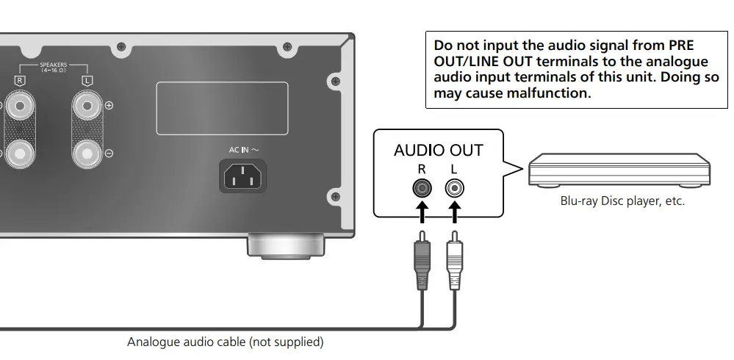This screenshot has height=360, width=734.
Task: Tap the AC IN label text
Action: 244,149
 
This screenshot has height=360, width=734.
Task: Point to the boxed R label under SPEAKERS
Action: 21,79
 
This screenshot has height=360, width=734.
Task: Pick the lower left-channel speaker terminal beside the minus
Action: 87,154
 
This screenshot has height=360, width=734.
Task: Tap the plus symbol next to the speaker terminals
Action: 109,106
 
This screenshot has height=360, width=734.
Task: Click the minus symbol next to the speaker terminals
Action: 109,154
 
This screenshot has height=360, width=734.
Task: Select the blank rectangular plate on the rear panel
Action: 221,107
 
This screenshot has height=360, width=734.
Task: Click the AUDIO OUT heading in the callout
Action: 438,151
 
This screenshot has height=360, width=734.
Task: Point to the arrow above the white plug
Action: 454,214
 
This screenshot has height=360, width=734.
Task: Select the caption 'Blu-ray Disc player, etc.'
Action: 622,201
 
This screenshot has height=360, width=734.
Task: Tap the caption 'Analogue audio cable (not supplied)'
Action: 225,342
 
